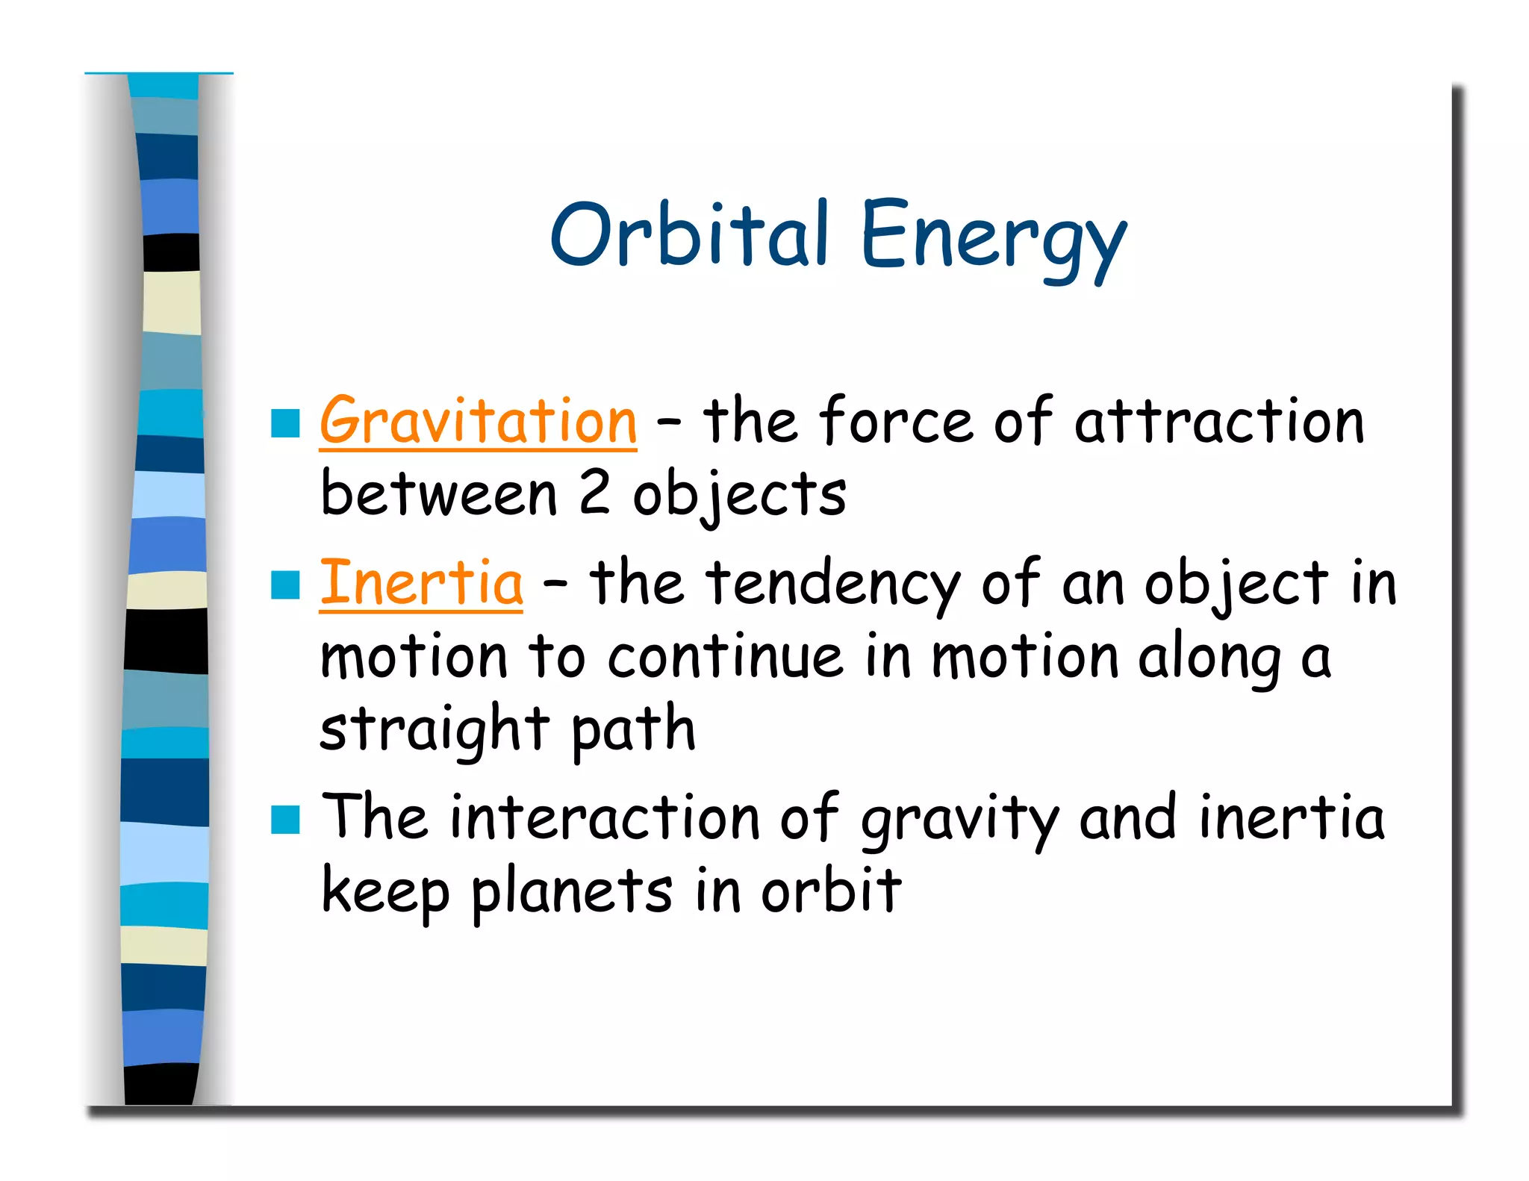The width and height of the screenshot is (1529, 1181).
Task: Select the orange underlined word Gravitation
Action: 478,422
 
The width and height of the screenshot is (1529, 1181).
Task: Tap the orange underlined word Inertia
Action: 421,583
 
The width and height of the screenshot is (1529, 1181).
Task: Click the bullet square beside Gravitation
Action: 285,423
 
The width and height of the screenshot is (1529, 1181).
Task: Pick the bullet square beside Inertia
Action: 285,585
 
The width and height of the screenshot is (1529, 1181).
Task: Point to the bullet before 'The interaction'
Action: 285,820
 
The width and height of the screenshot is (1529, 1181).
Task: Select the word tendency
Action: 834,583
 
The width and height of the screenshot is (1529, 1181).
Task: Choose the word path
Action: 633,730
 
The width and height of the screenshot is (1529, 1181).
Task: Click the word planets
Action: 571,891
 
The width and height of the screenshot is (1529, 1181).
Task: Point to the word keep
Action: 384,891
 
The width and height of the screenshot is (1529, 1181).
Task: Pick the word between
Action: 438,494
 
